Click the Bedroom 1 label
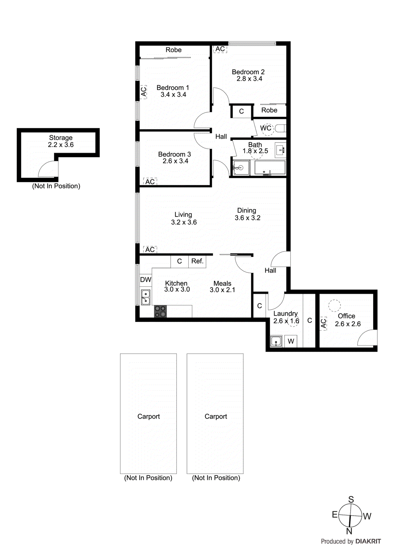coord(173,88)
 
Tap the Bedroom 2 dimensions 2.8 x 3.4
coord(249,79)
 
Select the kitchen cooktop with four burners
coord(160,311)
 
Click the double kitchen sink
coord(146,298)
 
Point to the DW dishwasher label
coord(146,280)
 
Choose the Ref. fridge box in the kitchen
coord(197,261)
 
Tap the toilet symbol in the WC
coord(280,129)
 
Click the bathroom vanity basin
coord(280,150)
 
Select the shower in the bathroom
coord(241,168)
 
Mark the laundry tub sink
coord(276,341)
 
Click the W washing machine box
coord(291,341)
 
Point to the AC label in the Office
coord(324,324)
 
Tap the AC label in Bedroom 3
coord(150,182)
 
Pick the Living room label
coord(183,215)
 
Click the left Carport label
coord(148,416)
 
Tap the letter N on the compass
coord(349,531)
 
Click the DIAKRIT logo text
coord(368,541)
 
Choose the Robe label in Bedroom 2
coord(269,110)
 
